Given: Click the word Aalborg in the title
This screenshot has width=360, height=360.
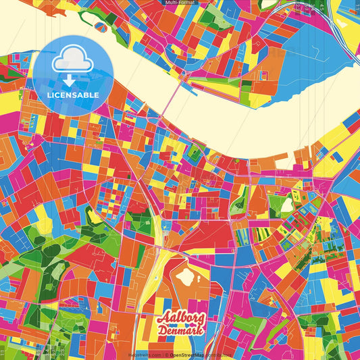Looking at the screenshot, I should click(x=181, y=317).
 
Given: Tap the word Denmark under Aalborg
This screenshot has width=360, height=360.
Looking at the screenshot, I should click(x=182, y=330).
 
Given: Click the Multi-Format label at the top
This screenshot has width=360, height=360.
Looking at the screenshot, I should click(x=179, y=3).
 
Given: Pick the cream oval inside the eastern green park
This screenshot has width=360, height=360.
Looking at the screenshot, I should click(x=288, y=203).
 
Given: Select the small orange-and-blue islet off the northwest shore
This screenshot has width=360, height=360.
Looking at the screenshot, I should click(x=102, y=26).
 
